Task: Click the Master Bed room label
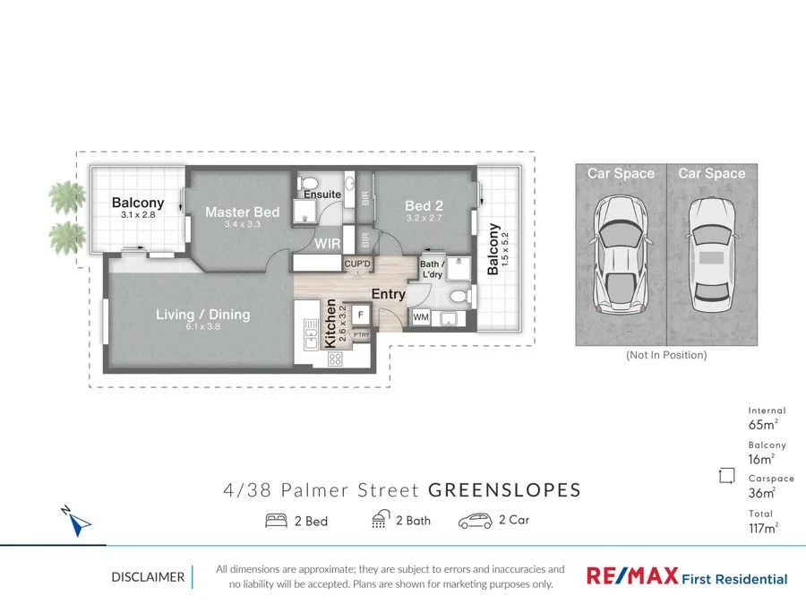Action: [242, 212]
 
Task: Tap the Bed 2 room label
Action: [424, 205]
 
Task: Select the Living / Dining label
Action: [202, 315]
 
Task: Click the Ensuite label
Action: [322, 194]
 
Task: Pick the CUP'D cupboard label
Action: [357, 264]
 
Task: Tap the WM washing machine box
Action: [421, 317]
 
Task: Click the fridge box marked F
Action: [360, 315]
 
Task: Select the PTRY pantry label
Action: [361, 335]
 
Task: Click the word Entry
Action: [389, 294]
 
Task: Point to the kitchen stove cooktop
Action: [337, 359]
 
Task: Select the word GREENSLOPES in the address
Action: [504, 490]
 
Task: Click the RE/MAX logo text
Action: [630, 576]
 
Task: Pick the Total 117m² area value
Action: [763, 528]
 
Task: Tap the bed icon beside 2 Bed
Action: [276, 521]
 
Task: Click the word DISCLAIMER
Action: [148, 577]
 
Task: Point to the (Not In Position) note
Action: [665, 355]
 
